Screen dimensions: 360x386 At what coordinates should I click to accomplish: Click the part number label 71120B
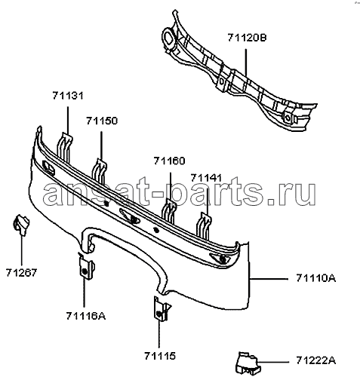coord(247,38)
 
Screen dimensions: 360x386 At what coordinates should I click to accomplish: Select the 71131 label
coord(68,96)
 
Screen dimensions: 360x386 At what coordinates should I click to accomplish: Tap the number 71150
coord(102,121)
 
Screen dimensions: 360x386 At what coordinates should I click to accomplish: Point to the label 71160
coord(169,161)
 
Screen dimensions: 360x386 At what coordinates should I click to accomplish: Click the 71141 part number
coord(206,178)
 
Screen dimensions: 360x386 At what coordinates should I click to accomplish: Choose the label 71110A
coord(315,278)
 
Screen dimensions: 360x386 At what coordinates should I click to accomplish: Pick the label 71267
coord(21,272)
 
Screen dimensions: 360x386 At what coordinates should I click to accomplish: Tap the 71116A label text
coord(86,316)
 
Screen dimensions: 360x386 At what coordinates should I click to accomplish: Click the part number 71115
coord(160,356)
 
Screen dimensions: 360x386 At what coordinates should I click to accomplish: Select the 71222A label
coord(315,361)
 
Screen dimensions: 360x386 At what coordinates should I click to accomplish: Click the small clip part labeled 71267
coord(21,225)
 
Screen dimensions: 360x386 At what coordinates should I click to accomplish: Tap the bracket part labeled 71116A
coord(86,267)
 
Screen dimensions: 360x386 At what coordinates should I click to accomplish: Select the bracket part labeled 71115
coord(161,309)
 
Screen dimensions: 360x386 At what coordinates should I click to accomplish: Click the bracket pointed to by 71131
coord(65,147)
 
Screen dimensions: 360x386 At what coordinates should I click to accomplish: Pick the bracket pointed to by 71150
coord(100,171)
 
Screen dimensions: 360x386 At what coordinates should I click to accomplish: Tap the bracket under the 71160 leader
coord(169,210)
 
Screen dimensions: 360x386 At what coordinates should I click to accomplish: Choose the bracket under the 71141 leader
coord(204,225)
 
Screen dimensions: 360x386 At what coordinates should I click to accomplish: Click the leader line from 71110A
coord(269,278)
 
